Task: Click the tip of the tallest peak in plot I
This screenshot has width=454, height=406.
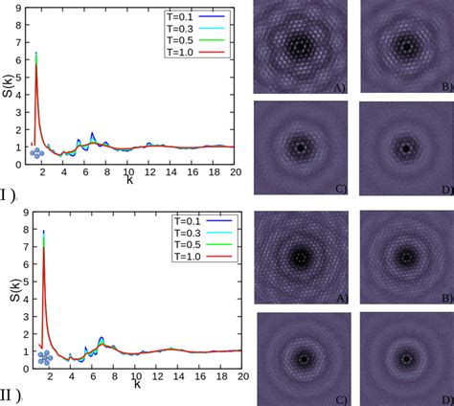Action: tap(36, 54)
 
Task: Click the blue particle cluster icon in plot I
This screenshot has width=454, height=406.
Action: tap(36, 152)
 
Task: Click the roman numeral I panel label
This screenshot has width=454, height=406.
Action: tap(7, 195)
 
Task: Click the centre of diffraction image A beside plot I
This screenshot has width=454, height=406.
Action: tap(300, 45)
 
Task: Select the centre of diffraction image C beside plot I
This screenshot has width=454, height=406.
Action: tap(300, 147)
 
